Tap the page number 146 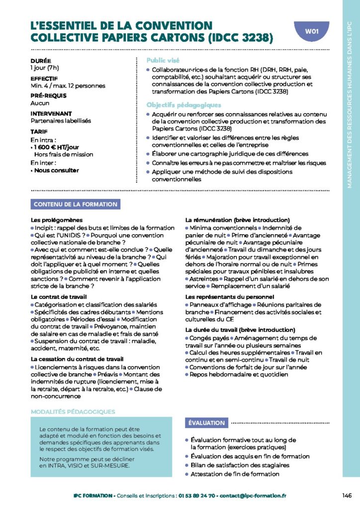(347, 495)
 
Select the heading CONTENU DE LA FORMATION (75, 204)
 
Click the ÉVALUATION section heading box (206, 423)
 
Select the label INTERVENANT (51, 114)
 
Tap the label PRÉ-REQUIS (49, 96)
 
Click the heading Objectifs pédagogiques (183, 105)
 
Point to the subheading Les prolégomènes (57, 220)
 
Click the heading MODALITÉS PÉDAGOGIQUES (73, 412)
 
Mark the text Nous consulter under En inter (56, 170)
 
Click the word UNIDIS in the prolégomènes (71, 235)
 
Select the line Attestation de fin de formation (235, 474)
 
